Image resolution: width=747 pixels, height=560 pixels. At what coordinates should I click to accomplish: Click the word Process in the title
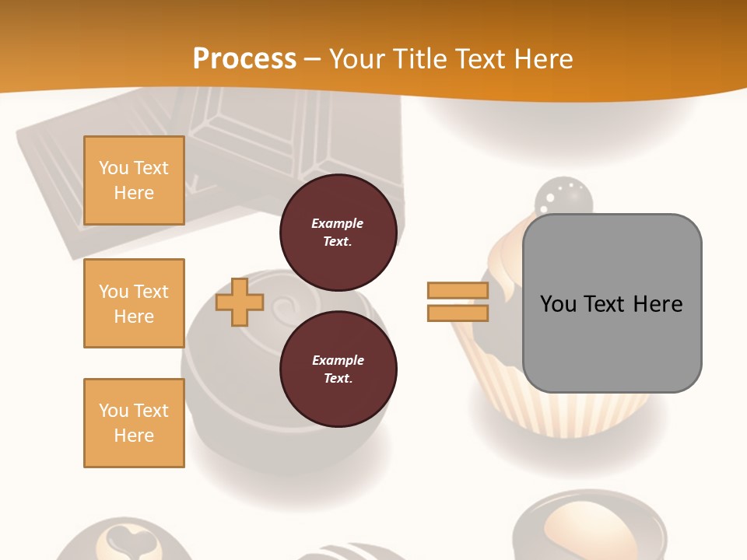244,59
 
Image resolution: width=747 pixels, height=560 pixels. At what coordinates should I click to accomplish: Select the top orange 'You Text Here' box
134,180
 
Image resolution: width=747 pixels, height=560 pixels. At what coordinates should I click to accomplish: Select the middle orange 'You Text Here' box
134,303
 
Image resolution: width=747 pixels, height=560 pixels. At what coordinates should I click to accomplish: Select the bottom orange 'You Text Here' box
134,423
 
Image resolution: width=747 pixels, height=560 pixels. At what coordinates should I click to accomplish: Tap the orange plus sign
240,302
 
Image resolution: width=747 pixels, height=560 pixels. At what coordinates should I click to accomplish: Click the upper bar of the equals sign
458,290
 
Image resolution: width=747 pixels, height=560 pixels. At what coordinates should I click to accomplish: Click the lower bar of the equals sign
458,313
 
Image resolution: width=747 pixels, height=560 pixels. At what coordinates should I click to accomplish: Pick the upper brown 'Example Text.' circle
338,232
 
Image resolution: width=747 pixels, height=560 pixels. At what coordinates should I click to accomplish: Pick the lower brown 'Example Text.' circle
338,369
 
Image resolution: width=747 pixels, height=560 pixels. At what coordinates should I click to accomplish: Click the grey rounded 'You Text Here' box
612,303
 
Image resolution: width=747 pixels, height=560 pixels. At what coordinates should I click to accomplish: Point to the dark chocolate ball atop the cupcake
564,198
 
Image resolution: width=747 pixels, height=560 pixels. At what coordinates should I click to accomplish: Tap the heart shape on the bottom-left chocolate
123,537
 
